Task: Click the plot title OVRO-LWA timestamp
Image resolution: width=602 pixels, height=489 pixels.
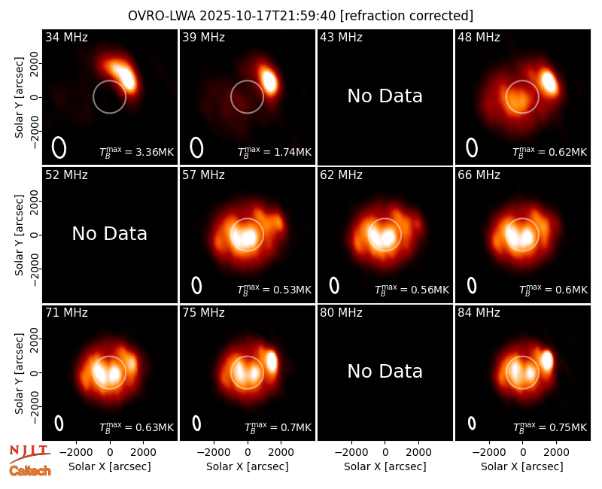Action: tap(300, 16)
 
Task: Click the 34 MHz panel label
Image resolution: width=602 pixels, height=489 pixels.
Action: tap(66, 37)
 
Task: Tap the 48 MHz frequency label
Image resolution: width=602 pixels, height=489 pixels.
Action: tap(479, 37)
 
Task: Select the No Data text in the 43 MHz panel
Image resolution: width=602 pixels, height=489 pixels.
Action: tap(385, 96)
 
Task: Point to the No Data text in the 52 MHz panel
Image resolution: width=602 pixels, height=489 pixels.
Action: tap(110, 234)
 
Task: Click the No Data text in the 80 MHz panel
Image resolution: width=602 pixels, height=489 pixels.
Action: tap(385, 372)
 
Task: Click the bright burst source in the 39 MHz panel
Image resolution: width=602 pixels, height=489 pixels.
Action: tap(269, 80)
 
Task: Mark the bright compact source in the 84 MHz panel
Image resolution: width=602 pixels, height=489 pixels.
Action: tap(547, 360)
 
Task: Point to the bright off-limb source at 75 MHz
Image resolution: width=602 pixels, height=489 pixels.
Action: tap(272, 361)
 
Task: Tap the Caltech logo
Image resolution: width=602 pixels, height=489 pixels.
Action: tap(30, 471)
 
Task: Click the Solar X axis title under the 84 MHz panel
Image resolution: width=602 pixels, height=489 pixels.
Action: tap(522, 466)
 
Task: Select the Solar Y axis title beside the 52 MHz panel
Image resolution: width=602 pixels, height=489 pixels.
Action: tap(19, 235)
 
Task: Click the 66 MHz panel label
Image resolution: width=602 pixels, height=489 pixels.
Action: tap(479, 175)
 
